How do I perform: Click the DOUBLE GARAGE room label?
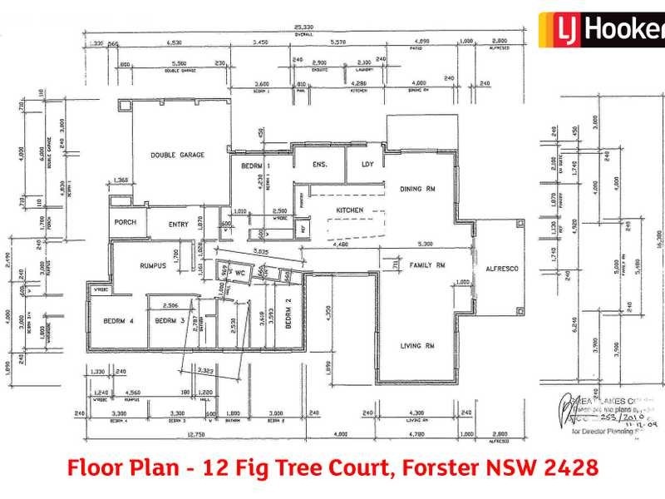coord(177,155)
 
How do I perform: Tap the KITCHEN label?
coord(349,210)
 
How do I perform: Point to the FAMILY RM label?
coord(427,265)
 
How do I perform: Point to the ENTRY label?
coord(179,223)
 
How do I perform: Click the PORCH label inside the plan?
coord(125,223)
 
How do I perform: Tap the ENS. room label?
coord(320,165)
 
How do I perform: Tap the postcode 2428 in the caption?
coord(571,467)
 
